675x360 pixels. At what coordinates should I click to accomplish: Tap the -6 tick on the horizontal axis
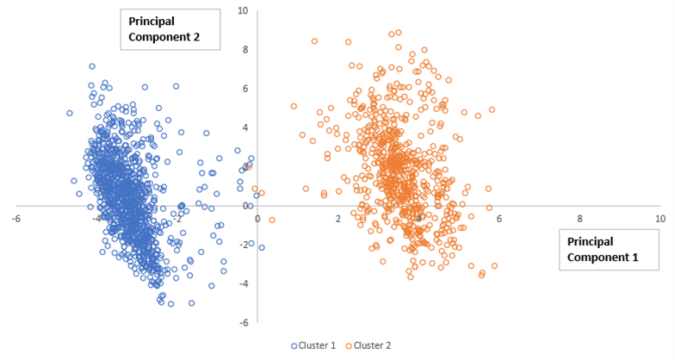15,218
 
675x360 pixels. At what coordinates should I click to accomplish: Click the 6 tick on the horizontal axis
499,218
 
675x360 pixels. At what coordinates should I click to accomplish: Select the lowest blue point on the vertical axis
262,247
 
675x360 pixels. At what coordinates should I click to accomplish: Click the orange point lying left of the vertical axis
254,189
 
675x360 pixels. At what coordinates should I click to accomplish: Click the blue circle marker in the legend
294,345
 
